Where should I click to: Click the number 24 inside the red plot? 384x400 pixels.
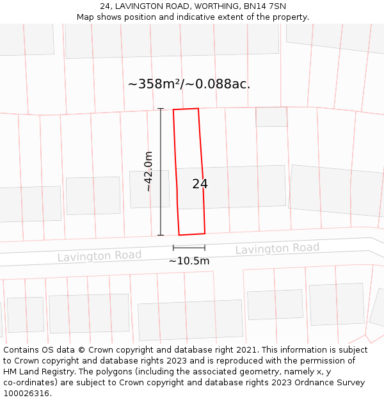[200, 184]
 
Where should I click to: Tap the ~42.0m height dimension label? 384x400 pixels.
[148, 172]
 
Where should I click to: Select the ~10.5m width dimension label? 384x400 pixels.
[189, 261]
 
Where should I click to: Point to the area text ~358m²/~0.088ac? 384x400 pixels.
[189, 84]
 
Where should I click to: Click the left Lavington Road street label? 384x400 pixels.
[99, 256]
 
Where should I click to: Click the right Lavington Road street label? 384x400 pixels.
[277, 248]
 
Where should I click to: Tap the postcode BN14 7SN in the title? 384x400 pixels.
[265, 6]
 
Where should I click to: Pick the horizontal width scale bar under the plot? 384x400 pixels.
[189, 248]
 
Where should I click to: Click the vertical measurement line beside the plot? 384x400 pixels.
[161, 172]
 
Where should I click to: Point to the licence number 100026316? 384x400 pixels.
[27, 394]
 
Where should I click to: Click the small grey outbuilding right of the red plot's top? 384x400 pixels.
[271, 116]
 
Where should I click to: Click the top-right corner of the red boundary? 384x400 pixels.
[198, 108]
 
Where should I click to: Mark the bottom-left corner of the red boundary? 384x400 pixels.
[179, 235]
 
